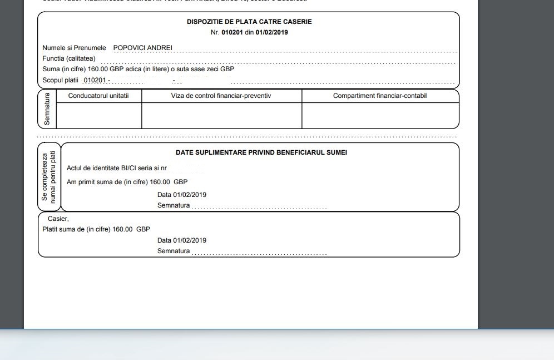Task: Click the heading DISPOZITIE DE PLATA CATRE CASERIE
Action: pos(249,22)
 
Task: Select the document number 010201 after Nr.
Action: pos(232,32)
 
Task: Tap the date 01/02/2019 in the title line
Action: pos(271,32)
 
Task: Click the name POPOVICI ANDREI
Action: pos(142,48)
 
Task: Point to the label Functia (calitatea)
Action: pos(69,58)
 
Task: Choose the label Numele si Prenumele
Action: pos(74,48)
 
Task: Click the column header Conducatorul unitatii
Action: pos(98,96)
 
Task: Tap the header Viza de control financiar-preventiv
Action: pos(221,96)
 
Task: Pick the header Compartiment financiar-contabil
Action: pos(380,96)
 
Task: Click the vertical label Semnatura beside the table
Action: pos(47,109)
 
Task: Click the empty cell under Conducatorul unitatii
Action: pos(99,115)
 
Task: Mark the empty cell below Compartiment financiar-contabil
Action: pos(380,115)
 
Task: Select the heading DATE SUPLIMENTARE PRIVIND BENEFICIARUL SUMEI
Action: pos(261,152)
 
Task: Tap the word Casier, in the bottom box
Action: pos(58,219)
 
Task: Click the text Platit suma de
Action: pos(65,229)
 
